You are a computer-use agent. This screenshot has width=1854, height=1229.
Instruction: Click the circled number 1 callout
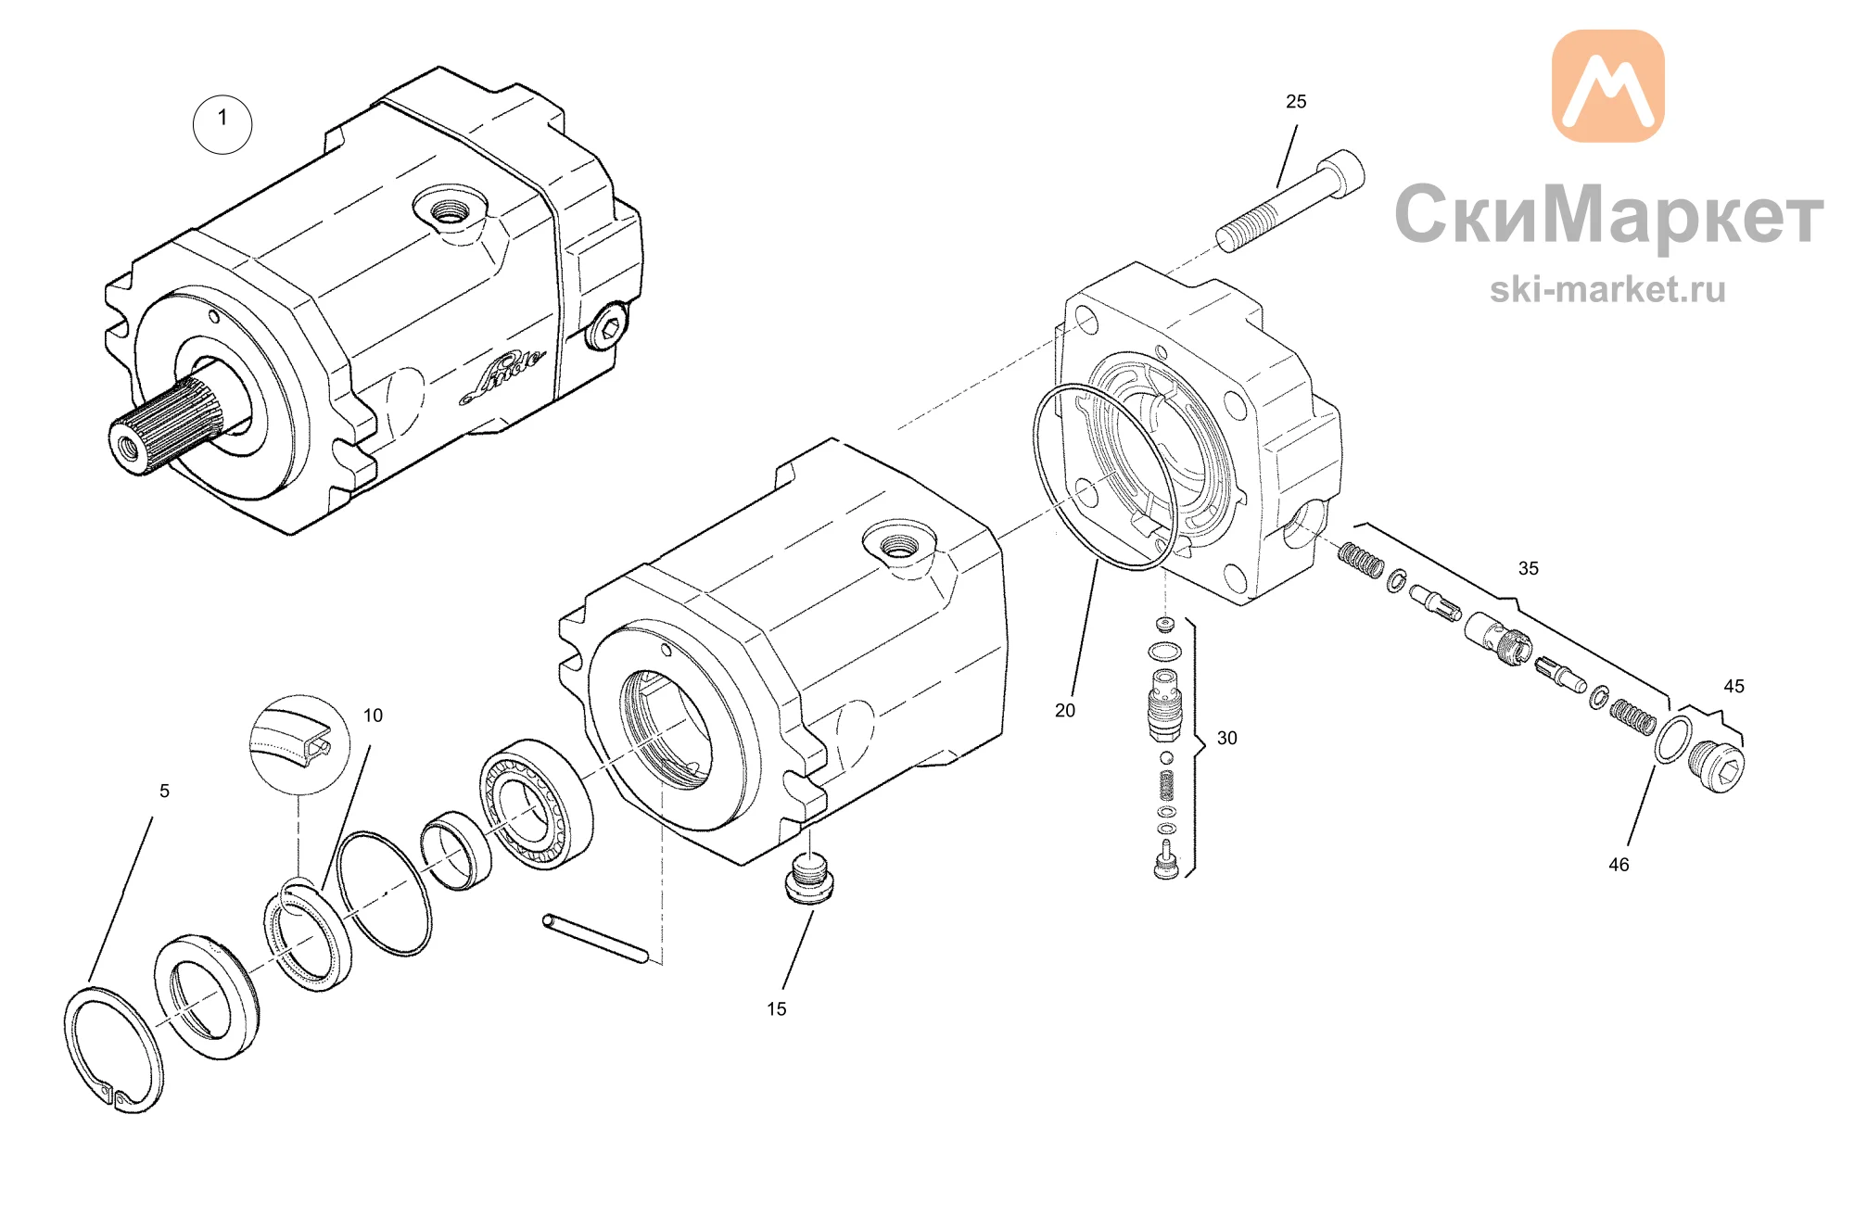point(222,124)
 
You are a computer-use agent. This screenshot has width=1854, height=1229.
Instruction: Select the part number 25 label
point(1296,102)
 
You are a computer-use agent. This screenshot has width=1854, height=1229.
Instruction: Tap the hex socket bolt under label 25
point(1290,200)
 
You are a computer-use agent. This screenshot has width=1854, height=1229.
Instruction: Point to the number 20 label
point(1065,711)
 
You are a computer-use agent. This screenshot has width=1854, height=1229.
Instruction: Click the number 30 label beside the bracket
point(1227,739)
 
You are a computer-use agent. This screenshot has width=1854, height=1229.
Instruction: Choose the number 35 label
point(1529,569)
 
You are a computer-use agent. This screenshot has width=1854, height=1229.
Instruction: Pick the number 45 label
point(1734,687)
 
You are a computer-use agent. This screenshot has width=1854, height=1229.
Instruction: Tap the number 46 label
point(1619,866)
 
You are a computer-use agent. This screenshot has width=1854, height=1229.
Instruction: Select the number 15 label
point(777,1009)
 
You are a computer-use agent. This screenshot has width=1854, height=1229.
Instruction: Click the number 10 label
point(373,716)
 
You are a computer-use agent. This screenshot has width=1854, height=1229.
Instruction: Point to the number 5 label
point(165,792)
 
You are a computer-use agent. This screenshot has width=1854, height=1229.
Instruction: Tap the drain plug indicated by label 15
point(809,879)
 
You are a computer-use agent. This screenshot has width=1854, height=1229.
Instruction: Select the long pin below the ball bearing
point(595,939)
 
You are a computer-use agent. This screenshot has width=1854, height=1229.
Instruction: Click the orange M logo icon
point(1608,85)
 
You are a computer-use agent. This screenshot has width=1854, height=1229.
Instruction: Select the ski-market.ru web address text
point(1608,290)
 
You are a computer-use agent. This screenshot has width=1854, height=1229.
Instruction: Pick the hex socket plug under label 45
point(1720,767)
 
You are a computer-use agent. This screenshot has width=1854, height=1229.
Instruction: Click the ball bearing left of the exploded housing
point(537,804)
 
